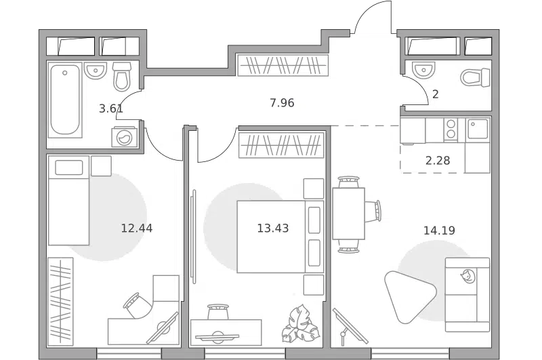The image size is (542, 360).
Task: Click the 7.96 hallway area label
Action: pyautogui.click(x=282, y=102)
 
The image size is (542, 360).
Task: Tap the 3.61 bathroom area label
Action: pyautogui.click(x=111, y=108)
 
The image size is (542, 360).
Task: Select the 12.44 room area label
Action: pyautogui.click(x=137, y=228)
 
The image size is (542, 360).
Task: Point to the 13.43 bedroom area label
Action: pyautogui.click(x=273, y=228)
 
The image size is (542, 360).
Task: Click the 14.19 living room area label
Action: pyautogui.click(x=439, y=231)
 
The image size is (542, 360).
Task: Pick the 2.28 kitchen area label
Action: pyautogui.click(x=438, y=161)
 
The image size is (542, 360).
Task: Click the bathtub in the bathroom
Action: pyautogui.click(x=65, y=100)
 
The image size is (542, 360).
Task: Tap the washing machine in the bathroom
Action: pyautogui.click(x=125, y=138)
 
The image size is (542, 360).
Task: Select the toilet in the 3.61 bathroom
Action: pyautogui.click(x=122, y=77)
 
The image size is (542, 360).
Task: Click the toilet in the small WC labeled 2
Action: pyautogui.click(x=476, y=77)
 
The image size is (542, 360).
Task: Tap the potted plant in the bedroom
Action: pyautogui.click(x=300, y=324)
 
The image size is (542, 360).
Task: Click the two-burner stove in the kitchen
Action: pyautogui.click(x=451, y=129)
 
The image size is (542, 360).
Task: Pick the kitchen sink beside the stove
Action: pyautogui.click(x=478, y=129)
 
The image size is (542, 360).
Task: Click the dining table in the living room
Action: pyautogui.click(x=348, y=214)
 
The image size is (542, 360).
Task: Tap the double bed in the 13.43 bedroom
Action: pyautogui.click(x=280, y=237)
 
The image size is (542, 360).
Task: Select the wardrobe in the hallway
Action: pyautogui.click(x=283, y=64)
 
